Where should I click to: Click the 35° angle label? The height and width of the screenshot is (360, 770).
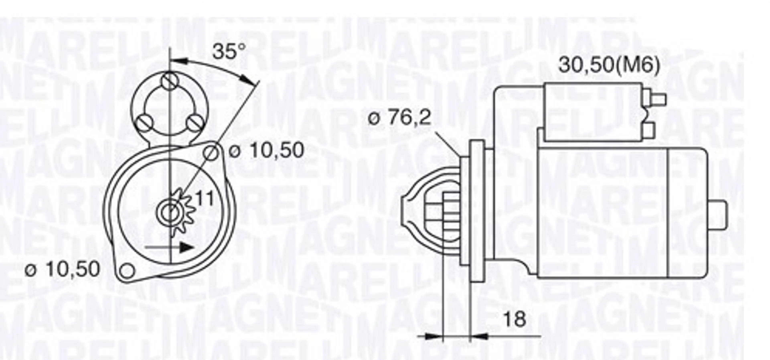coord(229,52)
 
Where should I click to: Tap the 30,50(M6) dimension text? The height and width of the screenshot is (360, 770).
coord(609,65)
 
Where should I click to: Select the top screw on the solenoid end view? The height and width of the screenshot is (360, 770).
coord(169,81)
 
